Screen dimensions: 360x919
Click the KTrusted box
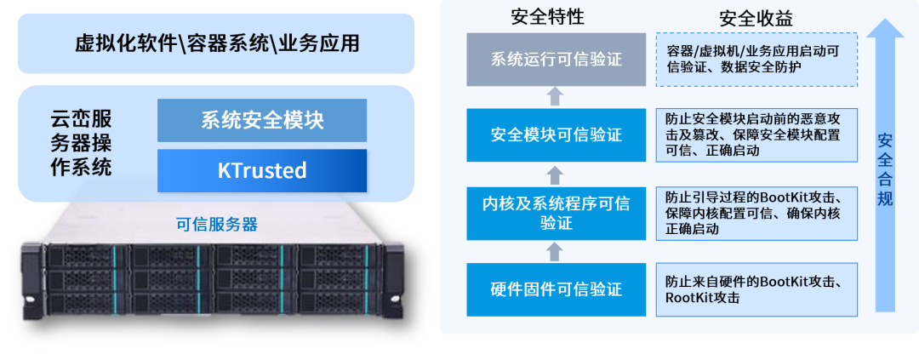pos(262,170)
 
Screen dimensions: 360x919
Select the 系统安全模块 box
pos(262,120)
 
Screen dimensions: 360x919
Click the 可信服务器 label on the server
pos(216,225)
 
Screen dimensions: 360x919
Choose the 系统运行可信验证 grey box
pos(557,60)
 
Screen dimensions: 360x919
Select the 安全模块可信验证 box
pos(557,134)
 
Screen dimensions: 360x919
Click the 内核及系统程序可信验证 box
pos(557,213)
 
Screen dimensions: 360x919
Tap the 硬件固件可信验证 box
pos(557,289)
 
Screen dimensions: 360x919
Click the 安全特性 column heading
pos(548,16)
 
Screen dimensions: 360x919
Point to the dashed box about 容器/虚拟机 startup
pos(756,59)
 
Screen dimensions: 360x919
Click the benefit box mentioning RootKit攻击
pos(756,289)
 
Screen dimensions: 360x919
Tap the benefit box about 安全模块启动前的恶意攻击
pos(756,134)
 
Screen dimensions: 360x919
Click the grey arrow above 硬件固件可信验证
pos(555,250)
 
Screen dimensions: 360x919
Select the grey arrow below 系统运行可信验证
pos(555,95)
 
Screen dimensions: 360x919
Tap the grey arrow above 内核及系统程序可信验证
pos(555,174)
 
